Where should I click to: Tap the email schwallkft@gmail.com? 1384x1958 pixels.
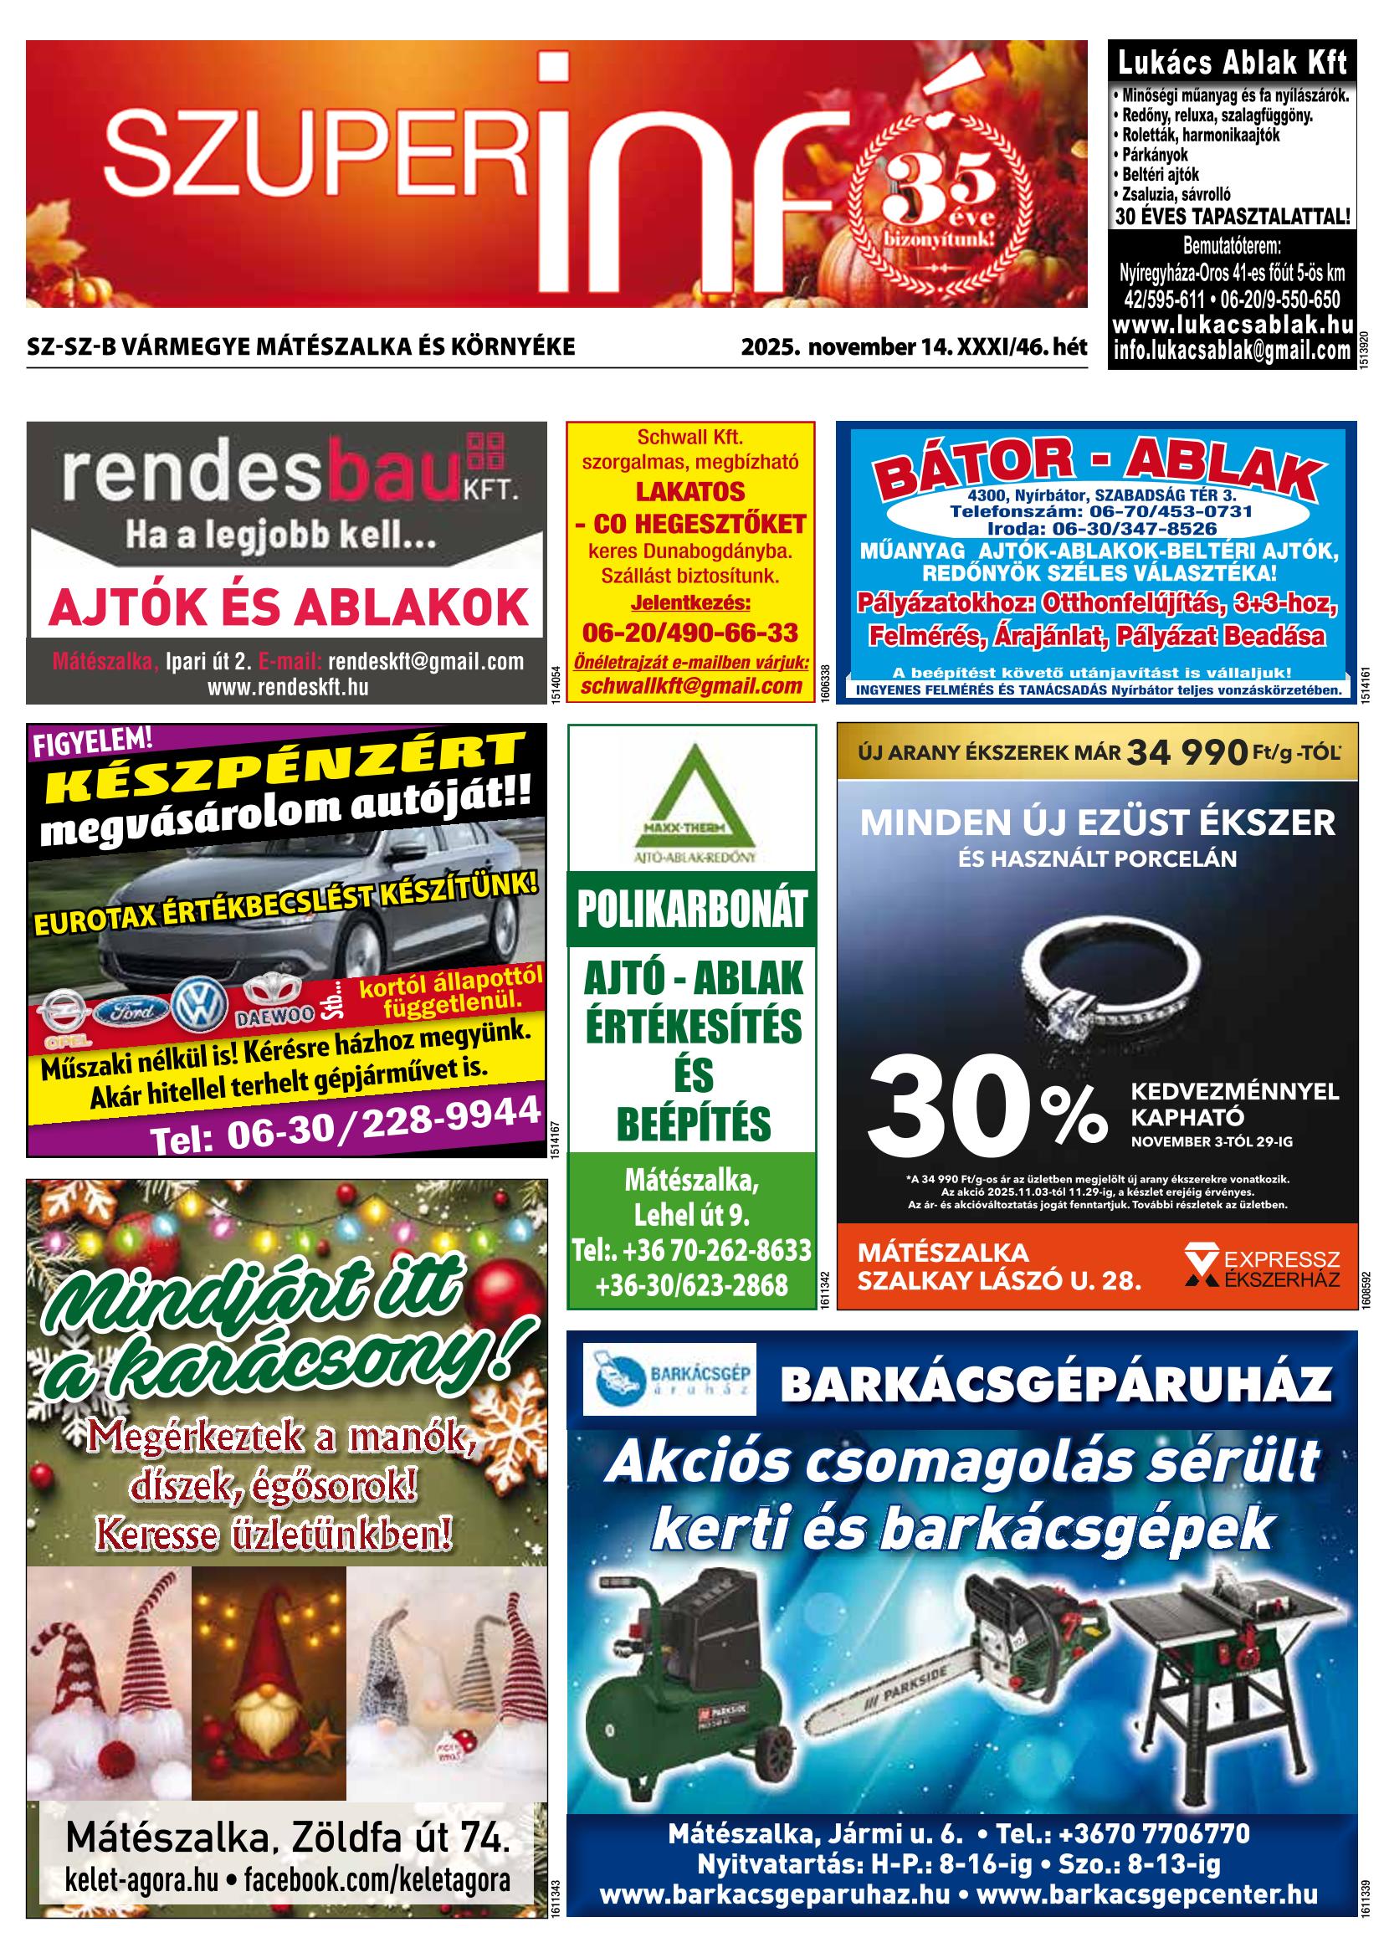tap(690, 686)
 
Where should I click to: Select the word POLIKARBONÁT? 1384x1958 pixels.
tap(690, 910)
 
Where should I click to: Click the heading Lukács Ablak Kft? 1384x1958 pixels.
tap(1233, 63)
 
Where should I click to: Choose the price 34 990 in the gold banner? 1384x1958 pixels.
tap(1188, 752)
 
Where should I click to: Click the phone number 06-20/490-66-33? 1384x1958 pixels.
tap(690, 632)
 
